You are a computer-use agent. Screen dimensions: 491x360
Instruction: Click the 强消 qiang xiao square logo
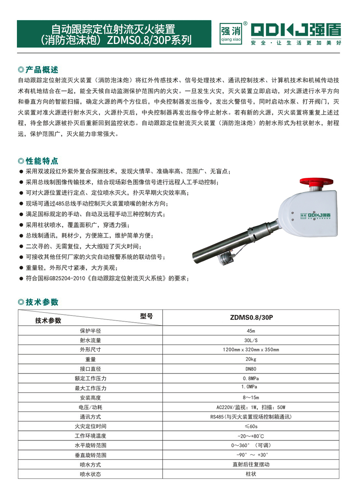pos(231,34)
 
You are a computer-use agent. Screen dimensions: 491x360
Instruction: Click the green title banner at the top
pos(114,34)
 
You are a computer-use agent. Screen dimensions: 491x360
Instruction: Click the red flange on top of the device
pos(316,182)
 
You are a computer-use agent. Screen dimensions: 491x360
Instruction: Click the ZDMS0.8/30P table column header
pos(251,317)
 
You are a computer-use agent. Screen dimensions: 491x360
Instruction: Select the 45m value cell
pos(251,331)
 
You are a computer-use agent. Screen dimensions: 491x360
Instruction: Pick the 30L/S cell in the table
pos(251,340)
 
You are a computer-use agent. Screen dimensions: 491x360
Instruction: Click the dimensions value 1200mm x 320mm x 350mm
pos(251,350)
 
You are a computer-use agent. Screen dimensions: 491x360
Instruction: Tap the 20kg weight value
pos(251,359)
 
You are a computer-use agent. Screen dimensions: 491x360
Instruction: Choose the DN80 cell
pos(251,369)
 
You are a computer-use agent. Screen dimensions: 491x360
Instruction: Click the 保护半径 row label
pos(90,331)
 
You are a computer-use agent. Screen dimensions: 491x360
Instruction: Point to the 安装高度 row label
pos(90,398)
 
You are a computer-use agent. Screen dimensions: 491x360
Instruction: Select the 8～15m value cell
pos(251,398)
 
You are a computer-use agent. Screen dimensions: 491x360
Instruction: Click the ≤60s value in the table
pos(251,427)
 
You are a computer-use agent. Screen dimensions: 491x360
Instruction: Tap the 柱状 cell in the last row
pos(251,474)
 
